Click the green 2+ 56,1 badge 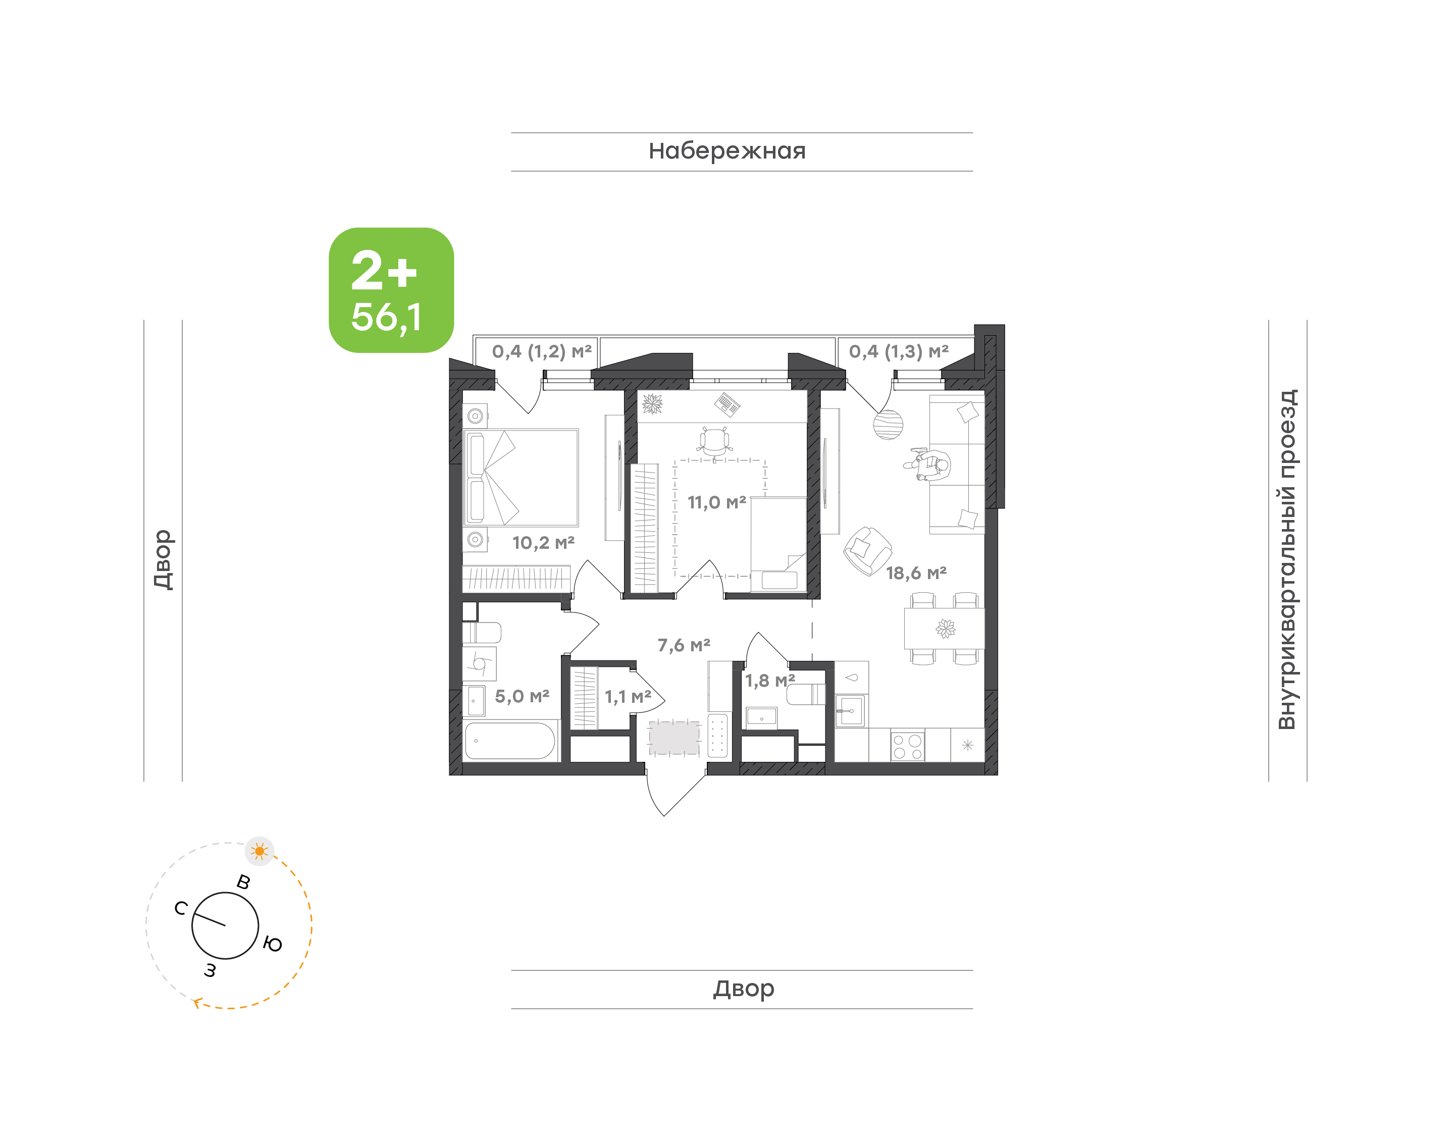(x=391, y=290)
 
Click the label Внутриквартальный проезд (x=1286, y=559)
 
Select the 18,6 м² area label (x=916, y=573)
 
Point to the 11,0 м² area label (x=716, y=502)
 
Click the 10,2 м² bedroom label (x=543, y=542)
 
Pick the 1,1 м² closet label (x=628, y=697)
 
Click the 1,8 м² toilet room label (x=770, y=681)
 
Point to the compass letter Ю (x=273, y=944)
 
